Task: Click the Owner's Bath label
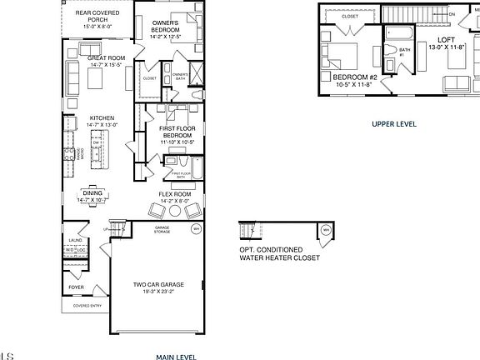pos(180,77)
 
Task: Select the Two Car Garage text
pos(158,284)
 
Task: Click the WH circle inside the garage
pos(196,228)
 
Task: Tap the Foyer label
pos(76,287)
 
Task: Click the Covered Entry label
pos(87,306)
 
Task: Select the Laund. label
pos(75,241)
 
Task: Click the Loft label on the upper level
pos(447,39)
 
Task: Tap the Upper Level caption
pos(393,123)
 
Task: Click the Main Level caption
pos(176,357)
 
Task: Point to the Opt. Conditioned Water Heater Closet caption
pos(279,253)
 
